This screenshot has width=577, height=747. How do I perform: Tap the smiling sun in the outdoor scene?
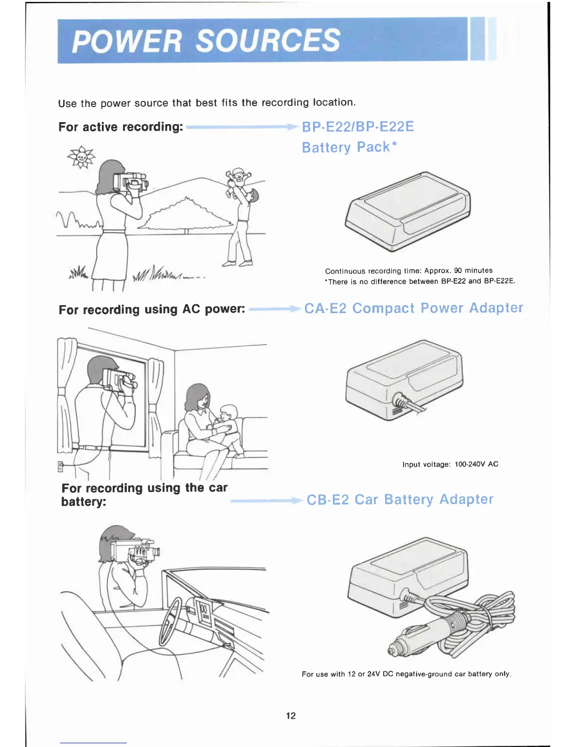[x=82, y=157]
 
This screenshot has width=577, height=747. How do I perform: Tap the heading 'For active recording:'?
[x=121, y=127]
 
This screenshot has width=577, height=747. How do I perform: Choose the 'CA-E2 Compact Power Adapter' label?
[x=413, y=308]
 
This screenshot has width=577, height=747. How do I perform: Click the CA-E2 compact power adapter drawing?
[x=404, y=379]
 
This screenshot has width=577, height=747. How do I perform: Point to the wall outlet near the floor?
[x=60, y=466]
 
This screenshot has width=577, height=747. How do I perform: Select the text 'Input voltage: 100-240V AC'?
[x=450, y=465]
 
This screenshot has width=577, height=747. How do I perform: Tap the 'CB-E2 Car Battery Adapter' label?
[x=400, y=500]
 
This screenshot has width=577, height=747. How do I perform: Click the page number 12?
[x=291, y=716]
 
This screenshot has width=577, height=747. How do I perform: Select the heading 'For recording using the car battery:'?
[x=144, y=494]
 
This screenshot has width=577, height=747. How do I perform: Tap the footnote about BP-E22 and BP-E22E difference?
[x=420, y=282]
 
